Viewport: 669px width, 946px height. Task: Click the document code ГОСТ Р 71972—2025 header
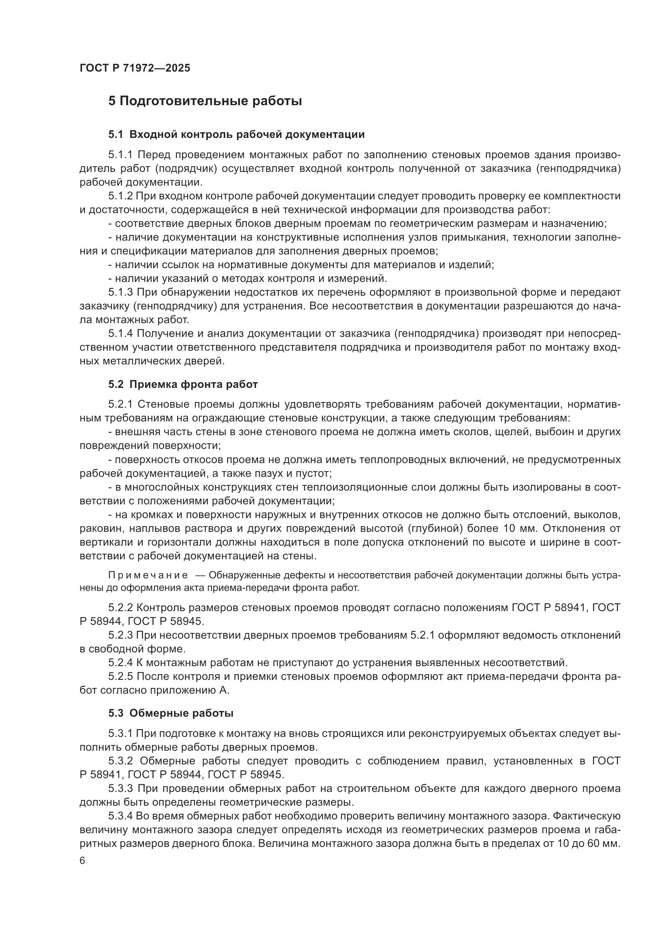pyautogui.click(x=135, y=68)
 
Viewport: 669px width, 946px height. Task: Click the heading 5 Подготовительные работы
pyautogui.click(x=205, y=101)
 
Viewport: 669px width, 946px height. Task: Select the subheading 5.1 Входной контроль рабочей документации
pyautogui.click(x=237, y=134)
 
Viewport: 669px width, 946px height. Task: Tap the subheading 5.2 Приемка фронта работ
pyautogui.click(x=183, y=384)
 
